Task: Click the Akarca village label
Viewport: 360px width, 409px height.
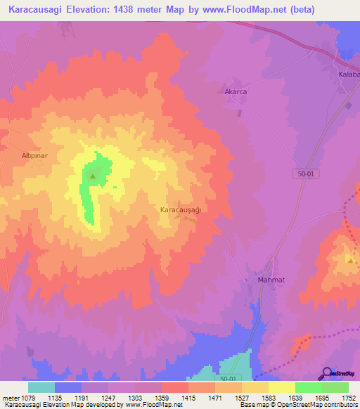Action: (236, 91)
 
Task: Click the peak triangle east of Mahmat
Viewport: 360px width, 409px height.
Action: (349, 259)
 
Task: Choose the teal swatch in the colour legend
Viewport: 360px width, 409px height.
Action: (41, 387)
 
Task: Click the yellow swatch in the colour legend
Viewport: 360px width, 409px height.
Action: (281, 387)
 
